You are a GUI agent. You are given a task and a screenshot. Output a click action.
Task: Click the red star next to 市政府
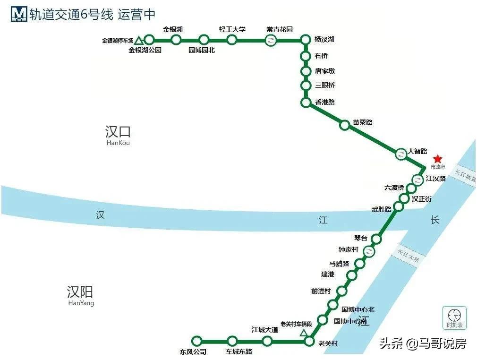tap(437, 159)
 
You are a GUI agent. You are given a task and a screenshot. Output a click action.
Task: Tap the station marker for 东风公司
tap(197, 341)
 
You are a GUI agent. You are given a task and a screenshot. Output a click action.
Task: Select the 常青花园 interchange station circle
tap(271, 40)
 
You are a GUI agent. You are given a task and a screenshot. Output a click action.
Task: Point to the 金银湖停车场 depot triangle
tap(139, 41)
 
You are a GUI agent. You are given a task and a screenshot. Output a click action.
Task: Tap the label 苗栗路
tap(363, 123)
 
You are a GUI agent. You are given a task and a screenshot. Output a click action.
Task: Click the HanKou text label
tap(118, 143)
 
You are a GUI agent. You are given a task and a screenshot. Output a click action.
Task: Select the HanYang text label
tap(81, 303)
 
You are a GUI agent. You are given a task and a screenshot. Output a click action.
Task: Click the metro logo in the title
tap(19, 14)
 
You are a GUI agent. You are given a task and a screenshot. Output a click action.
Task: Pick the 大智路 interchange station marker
tap(400, 154)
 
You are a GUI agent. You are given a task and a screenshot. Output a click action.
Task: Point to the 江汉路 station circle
tap(417, 180)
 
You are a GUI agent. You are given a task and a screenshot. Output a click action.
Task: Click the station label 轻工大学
tap(232, 29)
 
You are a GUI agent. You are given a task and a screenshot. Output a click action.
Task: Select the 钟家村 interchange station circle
tap(370, 251)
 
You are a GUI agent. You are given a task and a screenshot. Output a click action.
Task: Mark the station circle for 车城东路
tap(232, 341)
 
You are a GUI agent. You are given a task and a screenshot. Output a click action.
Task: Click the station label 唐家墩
tap(325, 71)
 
